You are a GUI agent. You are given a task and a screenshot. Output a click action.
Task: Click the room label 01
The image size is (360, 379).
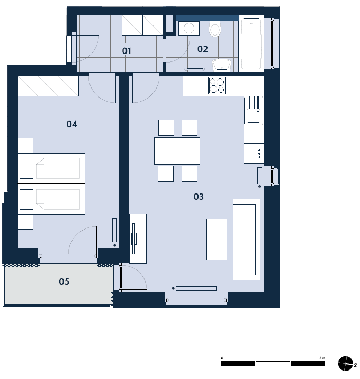[127, 51]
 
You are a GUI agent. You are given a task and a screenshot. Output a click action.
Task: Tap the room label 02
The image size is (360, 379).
[202, 49]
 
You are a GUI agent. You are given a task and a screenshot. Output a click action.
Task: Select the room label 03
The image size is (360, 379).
[199, 197]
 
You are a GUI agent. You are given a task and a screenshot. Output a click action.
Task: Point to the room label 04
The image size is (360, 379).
[71, 124]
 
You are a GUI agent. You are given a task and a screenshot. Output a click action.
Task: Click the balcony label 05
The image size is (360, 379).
[64, 281]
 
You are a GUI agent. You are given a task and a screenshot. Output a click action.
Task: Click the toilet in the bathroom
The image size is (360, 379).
[214, 28]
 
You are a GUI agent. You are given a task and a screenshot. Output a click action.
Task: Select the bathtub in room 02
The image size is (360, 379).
[251, 43]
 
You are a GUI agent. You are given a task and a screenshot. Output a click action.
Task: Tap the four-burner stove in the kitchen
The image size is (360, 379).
[217, 85]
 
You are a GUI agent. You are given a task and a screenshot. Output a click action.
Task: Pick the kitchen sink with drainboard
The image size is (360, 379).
[254, 110]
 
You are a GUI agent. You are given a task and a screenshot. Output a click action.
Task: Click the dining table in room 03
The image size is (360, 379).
[177, 151]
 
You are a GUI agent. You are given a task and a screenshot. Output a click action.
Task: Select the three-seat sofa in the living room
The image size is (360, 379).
[247, 240]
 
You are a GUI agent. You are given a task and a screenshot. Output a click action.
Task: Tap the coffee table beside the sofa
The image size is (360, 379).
[217, 240]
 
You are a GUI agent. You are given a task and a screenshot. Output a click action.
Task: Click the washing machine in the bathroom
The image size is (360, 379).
[189, 28]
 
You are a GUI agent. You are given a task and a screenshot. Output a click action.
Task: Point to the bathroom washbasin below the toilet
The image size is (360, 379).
[222, 65]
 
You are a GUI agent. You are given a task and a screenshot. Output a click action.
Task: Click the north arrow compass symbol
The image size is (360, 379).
[346, 363]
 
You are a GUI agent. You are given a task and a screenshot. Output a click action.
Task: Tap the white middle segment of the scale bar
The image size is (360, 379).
[273, 364]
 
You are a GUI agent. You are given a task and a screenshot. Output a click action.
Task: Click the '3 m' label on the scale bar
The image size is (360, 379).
[322, 358]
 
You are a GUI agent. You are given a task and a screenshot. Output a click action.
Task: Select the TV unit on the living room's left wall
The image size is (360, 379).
[138, 239]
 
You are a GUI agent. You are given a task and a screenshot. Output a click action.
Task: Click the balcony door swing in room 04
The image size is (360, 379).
[83, 241]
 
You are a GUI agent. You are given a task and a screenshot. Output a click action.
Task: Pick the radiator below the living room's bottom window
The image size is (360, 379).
[196, 288]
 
